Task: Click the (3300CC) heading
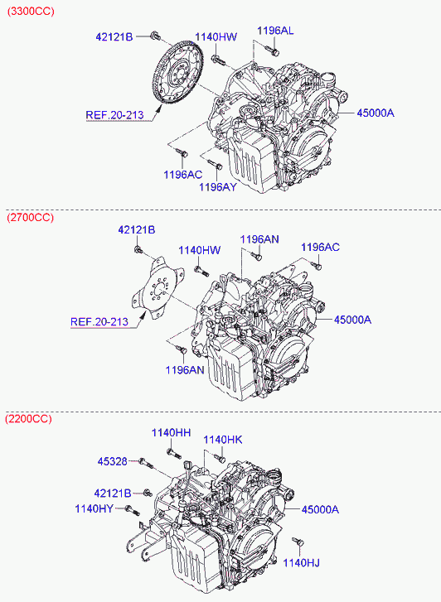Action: (31, 11)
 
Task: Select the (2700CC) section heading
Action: (31, 218)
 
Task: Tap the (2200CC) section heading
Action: (28, 418)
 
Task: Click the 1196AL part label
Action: (275, 31)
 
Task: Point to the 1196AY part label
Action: (218, 187)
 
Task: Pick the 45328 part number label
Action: (112, 461)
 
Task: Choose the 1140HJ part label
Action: (302, 563)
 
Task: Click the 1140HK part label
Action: (223, 440)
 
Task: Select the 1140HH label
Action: (171, 433)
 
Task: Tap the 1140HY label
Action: (94, 508)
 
